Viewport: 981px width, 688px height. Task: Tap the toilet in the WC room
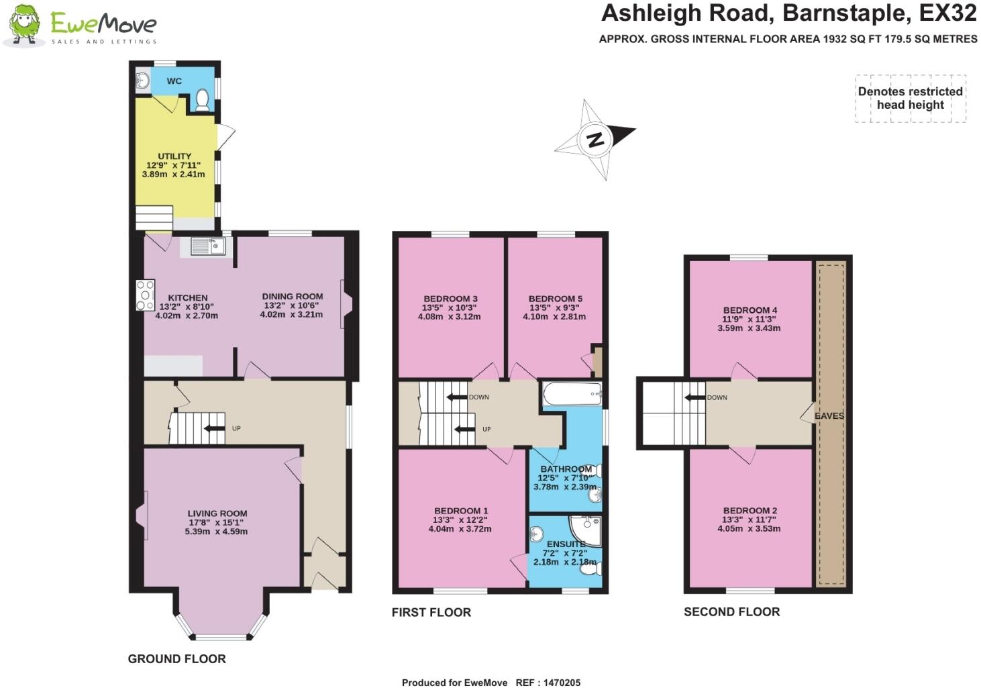pyautogui.click(x=202, y=101)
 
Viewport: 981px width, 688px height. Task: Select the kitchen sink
pyautogui.click(x=207, y=246)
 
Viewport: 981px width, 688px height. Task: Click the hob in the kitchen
pyautogui.click(x=146, y=295)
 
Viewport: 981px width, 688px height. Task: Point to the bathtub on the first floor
pyautogui.click(x=572, y=394)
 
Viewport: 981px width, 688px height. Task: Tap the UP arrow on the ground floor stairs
pyautogui.click(x=215, y=428)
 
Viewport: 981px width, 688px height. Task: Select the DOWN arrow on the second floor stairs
pyautogui.click(x=695, y=397)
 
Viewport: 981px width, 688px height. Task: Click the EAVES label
pyautogui.click(x=829, y=416)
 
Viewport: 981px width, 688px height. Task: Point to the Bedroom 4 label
pyautogui.click(x=750, y=310)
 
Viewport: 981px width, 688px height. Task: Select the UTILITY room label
pyautogui.click(x=174, y=156)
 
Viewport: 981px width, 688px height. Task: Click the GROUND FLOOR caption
pyautogui.click(x=177, y=659)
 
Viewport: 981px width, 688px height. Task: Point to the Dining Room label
pyautogui.click(x=292, y=297)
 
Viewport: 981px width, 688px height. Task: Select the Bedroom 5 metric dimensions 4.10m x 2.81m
pyautogui.click(x=554, y=316)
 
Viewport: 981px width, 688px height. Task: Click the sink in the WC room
pyautogui.click(x=142, y=80)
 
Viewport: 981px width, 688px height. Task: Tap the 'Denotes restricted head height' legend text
pyautogui.click(x=910, y=98)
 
